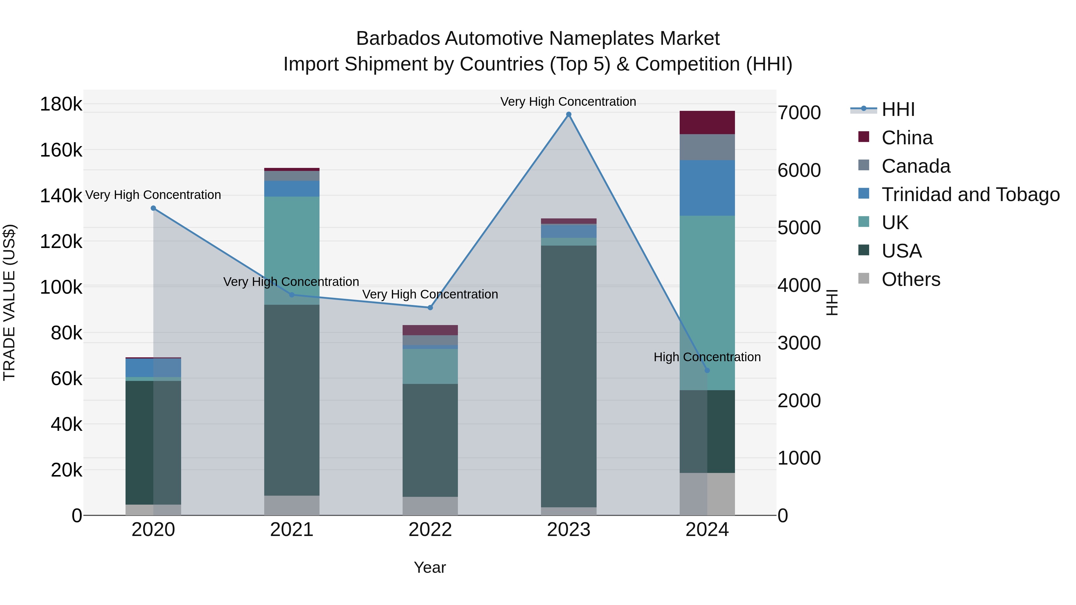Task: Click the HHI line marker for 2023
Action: click(568, 114)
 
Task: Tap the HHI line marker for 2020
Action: click(153, 208)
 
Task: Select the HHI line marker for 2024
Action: click(707, 370)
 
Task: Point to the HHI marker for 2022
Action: click(430, 308)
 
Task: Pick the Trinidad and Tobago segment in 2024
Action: click(707, 188)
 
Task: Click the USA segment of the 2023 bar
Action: click(568, 376)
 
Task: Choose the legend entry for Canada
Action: click(915, 166)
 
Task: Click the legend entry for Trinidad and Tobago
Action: click(970, 194)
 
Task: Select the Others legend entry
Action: click(911, 279)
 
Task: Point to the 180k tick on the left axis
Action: click(61, 104)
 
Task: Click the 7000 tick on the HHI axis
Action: click(799, 113)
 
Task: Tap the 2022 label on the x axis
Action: click(430, 530)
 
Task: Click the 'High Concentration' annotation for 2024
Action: click(707, 357)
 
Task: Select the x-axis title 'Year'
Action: click(430, 567)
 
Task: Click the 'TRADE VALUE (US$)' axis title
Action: click(9, 302)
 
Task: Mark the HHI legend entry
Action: click(898, 109)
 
